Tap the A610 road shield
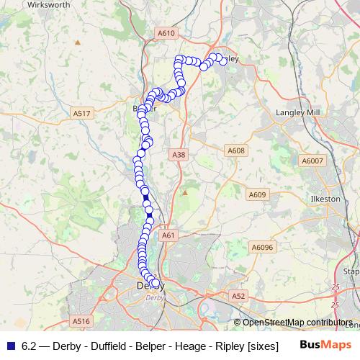coord(166,33)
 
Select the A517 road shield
coord(81,113)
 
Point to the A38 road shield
coord(179,155)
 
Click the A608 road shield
coord(235,150)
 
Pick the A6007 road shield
coord(312,161)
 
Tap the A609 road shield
coord(257,194)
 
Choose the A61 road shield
coord(168,235)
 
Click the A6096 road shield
coord(263,247)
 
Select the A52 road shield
coord(239,295)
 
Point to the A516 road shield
coord(81,321)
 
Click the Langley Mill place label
coord(297,112)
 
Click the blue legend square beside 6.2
coord(10,346)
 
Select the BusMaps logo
coord(325,345)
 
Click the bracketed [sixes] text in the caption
coord(262,346)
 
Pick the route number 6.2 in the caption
coord(30,346)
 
